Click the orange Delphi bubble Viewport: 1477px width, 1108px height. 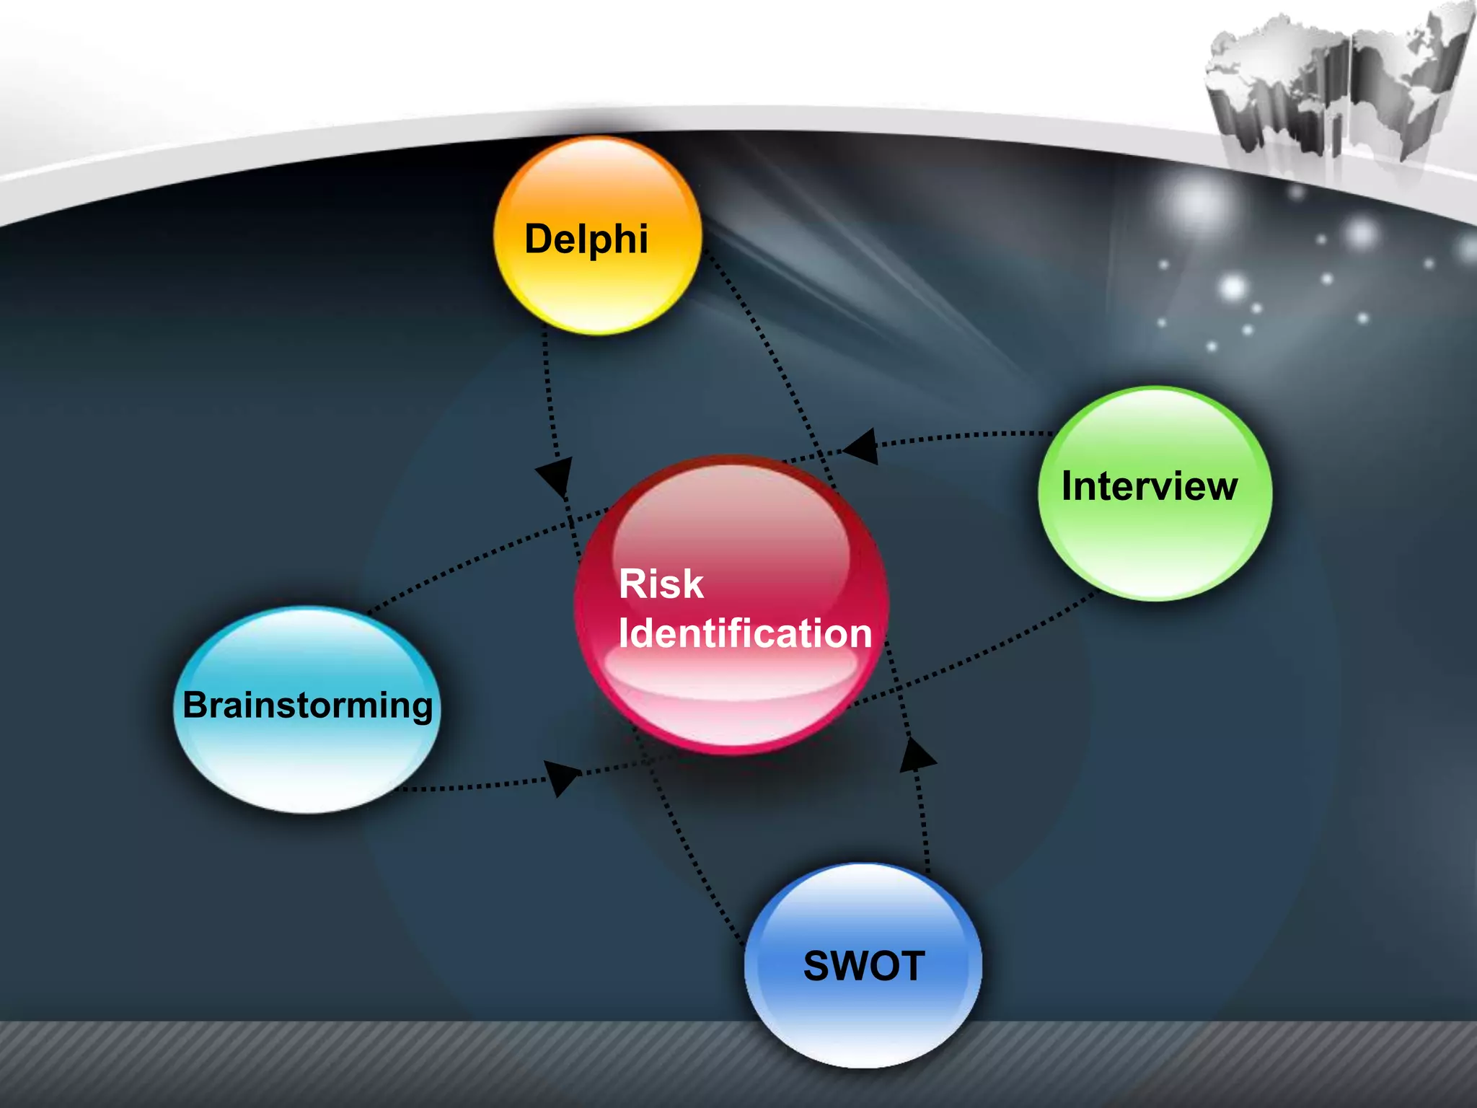click(598, 236)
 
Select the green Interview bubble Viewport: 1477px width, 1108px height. click(1155, 493)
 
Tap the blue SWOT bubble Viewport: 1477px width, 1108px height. click(863, 965)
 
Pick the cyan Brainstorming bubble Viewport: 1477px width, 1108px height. click(307, 710)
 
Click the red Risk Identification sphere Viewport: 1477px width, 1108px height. click(731, 604)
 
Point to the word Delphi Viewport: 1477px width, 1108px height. click(586, 239)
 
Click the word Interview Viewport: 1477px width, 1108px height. click(1150, 486)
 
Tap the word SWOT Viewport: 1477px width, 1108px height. click(864, 966)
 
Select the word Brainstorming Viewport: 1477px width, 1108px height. click(308, 706)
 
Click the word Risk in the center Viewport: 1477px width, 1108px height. click(661, 584)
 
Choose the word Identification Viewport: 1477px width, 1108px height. click(746, 633)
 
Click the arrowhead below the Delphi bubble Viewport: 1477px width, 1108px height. click(555, 476)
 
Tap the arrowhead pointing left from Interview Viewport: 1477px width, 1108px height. click(860, 447)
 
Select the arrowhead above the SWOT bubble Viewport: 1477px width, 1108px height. click(917, 755)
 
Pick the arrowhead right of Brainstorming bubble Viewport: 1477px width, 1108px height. click(561, 778)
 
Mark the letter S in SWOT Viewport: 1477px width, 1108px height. click(819, 966)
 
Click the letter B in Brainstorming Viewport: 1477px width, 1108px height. click(197, 705)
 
